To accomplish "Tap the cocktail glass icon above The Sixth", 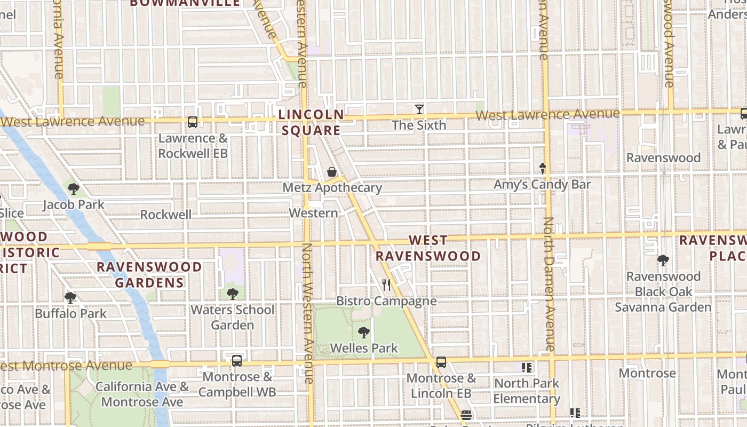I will (x=419, y=109).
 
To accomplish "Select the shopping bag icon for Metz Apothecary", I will (x=332, y=172).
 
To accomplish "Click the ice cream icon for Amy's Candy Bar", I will (x=543, y=169).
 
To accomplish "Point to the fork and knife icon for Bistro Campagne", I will (x=386, y=285).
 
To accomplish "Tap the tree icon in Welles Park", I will (x=364, y=333).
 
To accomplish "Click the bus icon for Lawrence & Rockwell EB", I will (x=193, y=122).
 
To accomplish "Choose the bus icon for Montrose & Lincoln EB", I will (x=441, y=362).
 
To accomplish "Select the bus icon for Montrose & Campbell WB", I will (x=237, y=361).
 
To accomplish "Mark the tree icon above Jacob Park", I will (x=74, y=188).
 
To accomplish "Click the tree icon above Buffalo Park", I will (x=70, y=298).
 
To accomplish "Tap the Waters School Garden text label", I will (x=233, y=317).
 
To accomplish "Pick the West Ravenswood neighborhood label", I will (x=428, y=248).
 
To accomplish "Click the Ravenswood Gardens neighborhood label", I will (x=149, y=274).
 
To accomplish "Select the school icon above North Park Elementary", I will (x=527, y=367).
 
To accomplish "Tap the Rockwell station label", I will (x=165, y=215).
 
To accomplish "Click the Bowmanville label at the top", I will (x=185, y=3).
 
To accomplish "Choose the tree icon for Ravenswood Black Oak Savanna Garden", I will (x=663, y=260).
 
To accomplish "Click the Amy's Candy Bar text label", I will (x=542, y=185).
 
